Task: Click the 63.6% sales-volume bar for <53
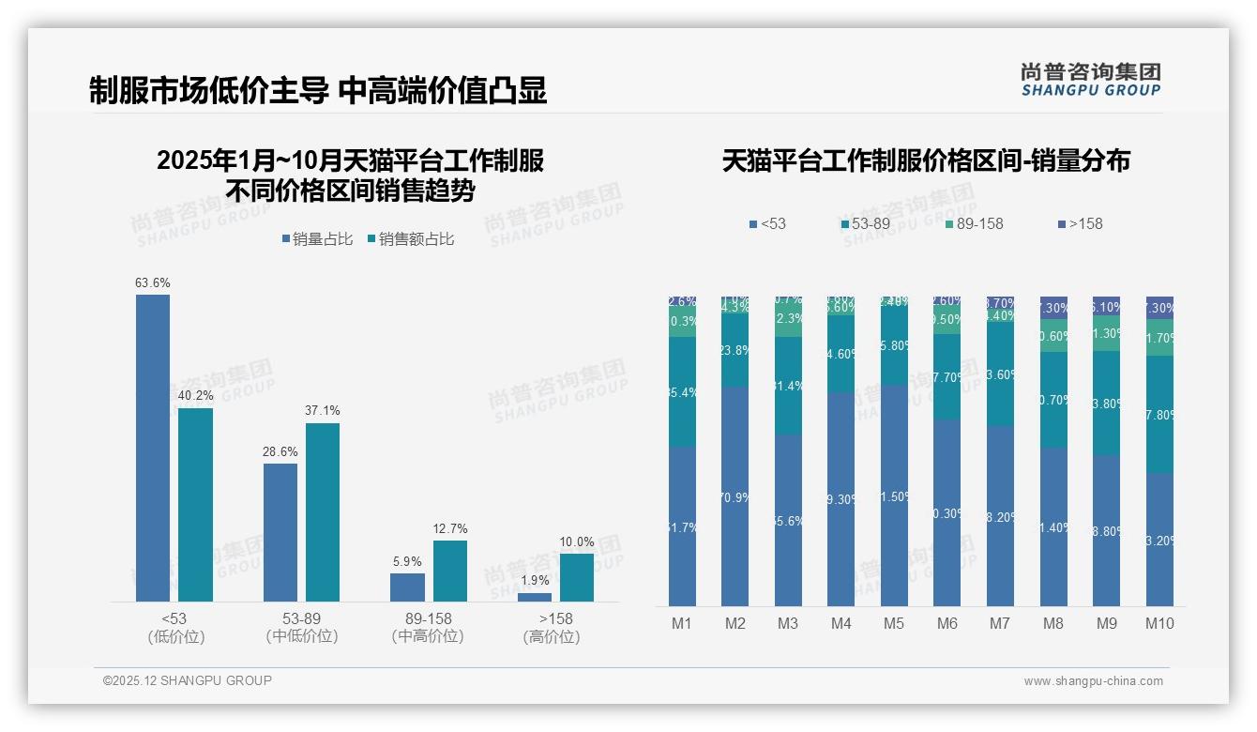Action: coord(153,448)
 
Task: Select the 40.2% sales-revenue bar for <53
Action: coord(195,504)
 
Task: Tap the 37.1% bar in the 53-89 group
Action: coord(323,511)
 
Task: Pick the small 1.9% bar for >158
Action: coord(535,597)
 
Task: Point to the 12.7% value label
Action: coord(450,529)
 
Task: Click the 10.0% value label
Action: coord(577,542)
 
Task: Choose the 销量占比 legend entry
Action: coord(317,239)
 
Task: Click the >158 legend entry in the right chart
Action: coord(1080,223)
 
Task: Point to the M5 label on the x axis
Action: coord(894,623)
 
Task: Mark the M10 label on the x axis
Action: coord(1159,623)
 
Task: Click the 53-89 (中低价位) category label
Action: coord(301,628)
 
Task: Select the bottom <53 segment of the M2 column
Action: coord(735,496)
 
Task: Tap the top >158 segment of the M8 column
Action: coord(1053,307)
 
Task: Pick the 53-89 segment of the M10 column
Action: coord(1159,414)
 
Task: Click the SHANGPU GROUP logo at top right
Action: coord(1091,79)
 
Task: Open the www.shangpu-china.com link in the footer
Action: coord(1093,681)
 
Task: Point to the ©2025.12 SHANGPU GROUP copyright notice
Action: coord(188,680)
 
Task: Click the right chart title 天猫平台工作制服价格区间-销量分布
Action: coord(926,160)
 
